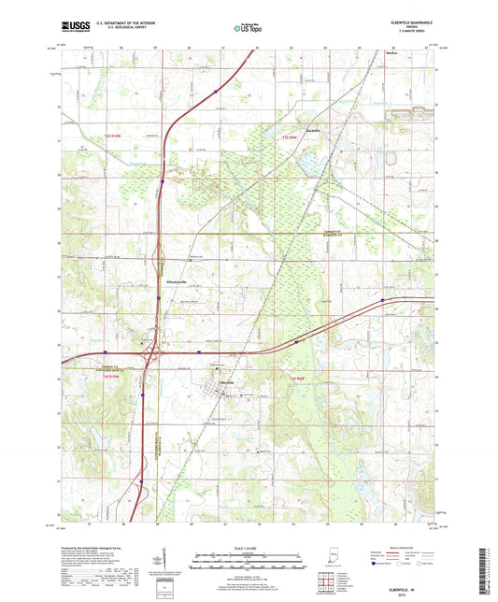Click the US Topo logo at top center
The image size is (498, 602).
point(249,29)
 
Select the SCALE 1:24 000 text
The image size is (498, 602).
point(249,546)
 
